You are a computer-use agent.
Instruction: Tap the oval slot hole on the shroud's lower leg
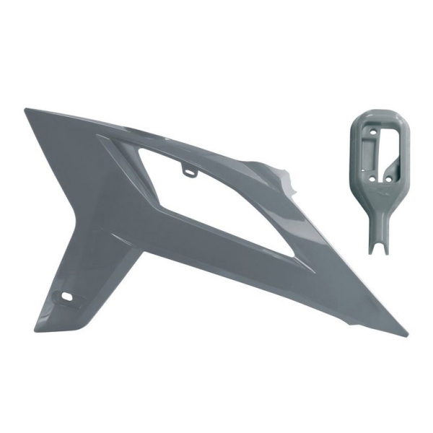pyautogui.click(x=66, y=297)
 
